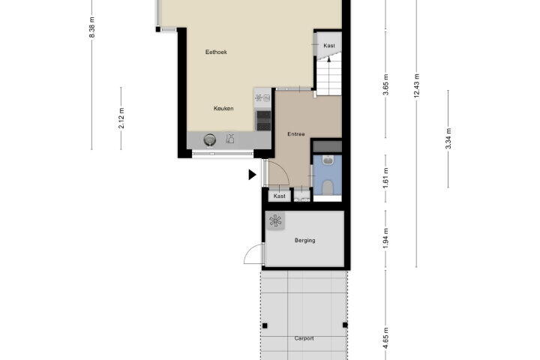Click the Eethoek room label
coord(216,52)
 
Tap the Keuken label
coord(223,109)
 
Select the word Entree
coord(296,134)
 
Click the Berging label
coord(304,240)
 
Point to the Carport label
coord(304,338)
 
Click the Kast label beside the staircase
coord(329,46)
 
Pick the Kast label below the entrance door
coord(279,196)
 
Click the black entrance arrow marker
coord(253,175)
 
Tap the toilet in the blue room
coord(328,187)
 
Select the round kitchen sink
coord(210,139)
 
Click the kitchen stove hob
coord(263,120)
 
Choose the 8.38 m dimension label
coord(92,27)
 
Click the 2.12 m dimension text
coord(121,118)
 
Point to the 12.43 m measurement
coord(417,85)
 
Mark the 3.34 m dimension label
coord(448,139)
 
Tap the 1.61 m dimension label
coord(385,178)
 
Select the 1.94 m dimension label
coord(385,238)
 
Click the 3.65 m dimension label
coord(385,85)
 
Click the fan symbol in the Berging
coord(275,220)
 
